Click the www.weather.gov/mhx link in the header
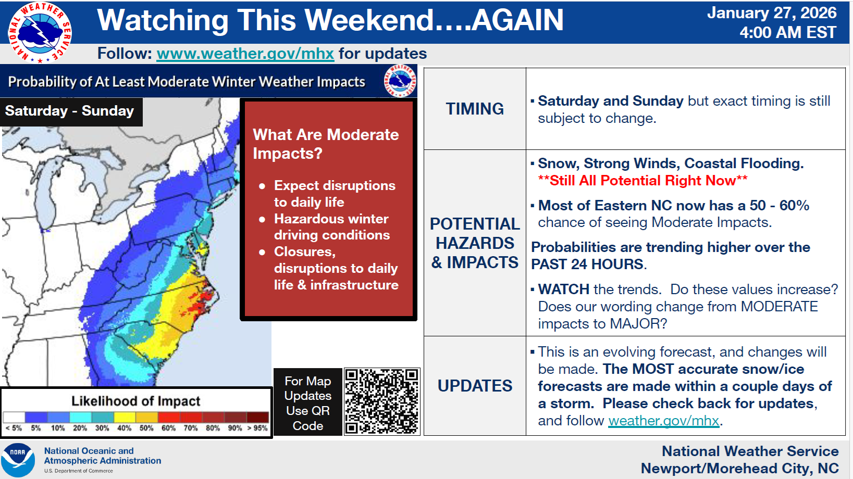point(245,54)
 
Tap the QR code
point(382,401)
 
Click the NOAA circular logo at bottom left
point(18,460)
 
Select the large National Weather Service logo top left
point(40,32)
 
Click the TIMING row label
point(475,109)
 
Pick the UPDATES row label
point(475,386)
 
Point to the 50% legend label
point(146,428)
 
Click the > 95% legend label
point(257,428)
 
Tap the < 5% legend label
point(14,428)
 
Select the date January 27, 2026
point(772,13)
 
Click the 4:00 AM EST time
point(788,32)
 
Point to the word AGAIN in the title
point(517,20)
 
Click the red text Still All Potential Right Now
point(643,180)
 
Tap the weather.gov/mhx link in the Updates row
point(664,421)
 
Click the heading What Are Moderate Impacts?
point(326,144)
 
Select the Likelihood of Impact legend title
point(135,401)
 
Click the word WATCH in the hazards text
point(564,289)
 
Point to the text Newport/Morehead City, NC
point(739,469)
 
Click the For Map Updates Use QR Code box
point(308,402)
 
